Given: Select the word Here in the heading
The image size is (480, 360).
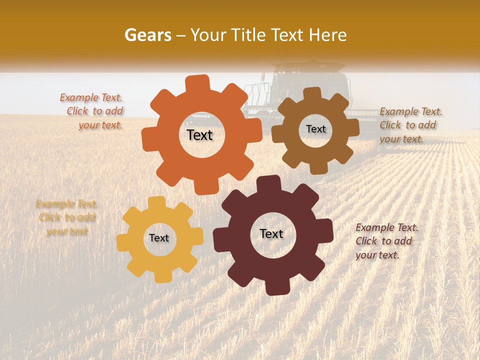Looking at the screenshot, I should tap(328, 35).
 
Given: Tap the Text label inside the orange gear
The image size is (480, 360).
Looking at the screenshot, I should tap(199, 135).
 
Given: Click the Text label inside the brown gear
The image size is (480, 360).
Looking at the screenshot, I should tap(315, 129).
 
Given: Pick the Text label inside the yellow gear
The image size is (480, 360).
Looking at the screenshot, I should tap(159, 238).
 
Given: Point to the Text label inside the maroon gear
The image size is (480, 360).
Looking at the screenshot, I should tap(271, 234).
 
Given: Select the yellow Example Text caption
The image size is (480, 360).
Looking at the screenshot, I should tap(67, 217).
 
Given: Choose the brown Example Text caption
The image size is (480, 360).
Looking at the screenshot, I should tap(410, 125).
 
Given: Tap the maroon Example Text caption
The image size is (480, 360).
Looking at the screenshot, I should tap(386, 241).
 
